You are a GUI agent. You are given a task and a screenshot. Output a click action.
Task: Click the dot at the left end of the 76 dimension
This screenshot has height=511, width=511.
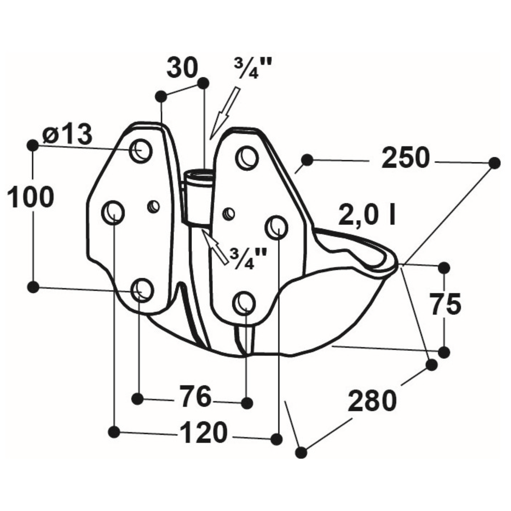click(x=138, y=398)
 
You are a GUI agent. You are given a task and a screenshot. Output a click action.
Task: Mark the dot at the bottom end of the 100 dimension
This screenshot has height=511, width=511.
click(x=33, y=287)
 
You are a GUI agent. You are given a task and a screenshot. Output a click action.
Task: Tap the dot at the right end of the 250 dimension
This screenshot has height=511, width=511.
click(x=494, y=163)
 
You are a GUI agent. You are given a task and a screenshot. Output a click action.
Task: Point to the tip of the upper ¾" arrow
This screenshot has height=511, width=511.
click(x=210, y=139)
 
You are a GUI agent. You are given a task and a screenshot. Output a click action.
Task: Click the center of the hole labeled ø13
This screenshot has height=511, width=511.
click(x=141, y=150)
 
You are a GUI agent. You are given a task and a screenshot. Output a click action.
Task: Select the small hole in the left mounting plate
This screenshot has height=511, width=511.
click(x=154, y=207)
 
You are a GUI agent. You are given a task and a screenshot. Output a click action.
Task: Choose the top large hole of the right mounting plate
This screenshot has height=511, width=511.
click(x=247, y=157)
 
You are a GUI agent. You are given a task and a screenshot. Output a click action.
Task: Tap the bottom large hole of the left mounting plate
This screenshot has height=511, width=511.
click(x=142, y=290)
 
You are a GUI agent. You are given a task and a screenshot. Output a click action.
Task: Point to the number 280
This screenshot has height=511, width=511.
click(x=372, y=401)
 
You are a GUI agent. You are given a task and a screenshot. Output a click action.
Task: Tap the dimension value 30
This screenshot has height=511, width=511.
click(x=182, y=68)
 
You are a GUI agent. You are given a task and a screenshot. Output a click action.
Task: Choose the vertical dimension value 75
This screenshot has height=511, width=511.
click(x=445, y=304)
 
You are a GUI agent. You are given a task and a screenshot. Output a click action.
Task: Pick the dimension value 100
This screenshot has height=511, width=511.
click(x=30, y=198)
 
